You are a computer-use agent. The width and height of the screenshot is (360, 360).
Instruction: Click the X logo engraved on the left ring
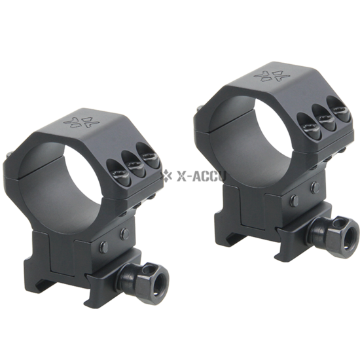pos(80,122)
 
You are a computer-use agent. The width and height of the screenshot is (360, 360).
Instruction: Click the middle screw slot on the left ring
pos(133,163)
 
